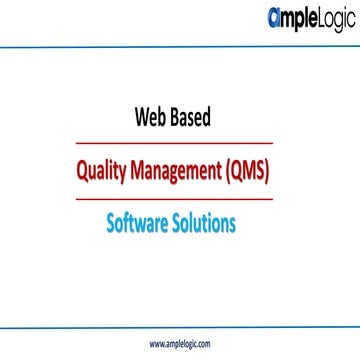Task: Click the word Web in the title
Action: pos(152,117)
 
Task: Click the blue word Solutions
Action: pos(205,223)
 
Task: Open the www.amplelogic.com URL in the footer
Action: pos(180,343)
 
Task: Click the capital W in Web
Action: pos(140,117)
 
